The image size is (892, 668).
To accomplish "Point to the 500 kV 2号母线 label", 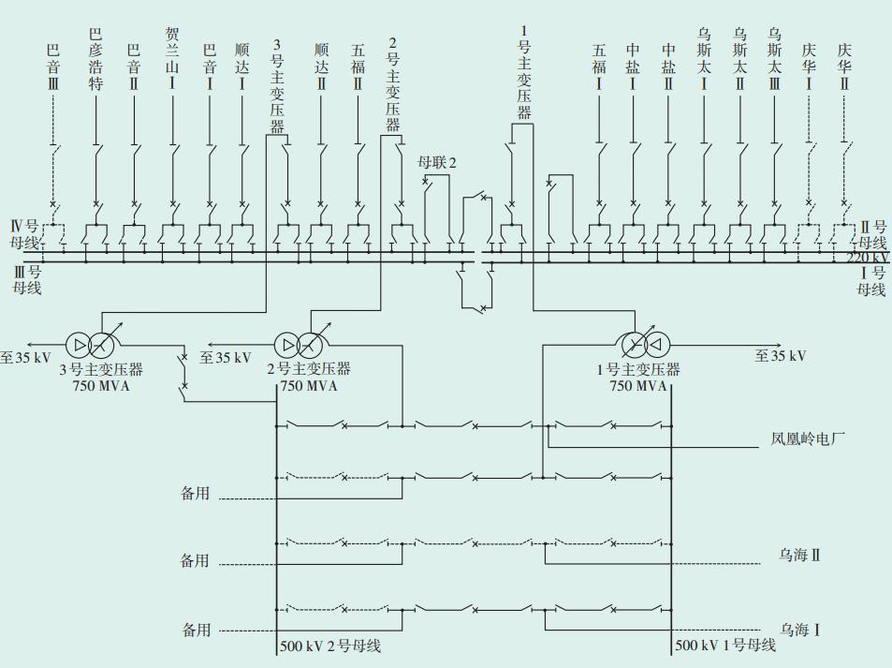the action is [x=329, y=646].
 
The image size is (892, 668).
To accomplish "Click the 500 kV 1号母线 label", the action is [x=725, y=646].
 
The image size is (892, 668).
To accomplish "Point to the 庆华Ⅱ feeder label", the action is [x=844, y=66].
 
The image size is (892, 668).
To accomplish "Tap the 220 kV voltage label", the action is [x=868, y=258].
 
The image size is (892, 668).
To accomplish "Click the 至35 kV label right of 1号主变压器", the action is [x=781, y=356].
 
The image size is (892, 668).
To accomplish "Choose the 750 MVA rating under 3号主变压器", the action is [x=96, y=386].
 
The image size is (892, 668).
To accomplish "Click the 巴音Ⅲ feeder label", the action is [x=53, y=66].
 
